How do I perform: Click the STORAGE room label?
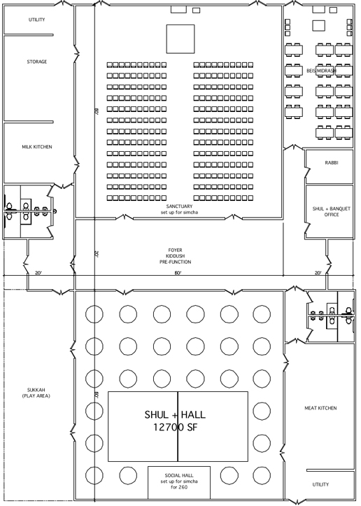37,62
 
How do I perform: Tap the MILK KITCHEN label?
37,147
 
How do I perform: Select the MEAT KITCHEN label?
320,408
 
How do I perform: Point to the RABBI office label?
332,163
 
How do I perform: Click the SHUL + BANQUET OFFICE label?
332,211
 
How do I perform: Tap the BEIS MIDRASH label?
322,71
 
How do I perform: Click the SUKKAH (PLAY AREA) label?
36,393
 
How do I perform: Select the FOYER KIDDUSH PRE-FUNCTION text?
175,256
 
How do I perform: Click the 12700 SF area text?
175,427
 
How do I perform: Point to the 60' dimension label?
178,273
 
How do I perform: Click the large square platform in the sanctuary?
180,39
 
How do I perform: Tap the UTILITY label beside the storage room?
37,20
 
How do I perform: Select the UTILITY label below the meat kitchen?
320,484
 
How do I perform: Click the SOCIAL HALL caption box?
179,482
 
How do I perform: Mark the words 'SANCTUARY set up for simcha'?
179,209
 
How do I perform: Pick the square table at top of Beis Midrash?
319,25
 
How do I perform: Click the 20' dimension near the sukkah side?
38,273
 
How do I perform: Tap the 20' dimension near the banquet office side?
318,273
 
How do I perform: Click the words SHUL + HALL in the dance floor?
175,415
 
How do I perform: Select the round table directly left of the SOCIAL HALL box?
128,475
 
